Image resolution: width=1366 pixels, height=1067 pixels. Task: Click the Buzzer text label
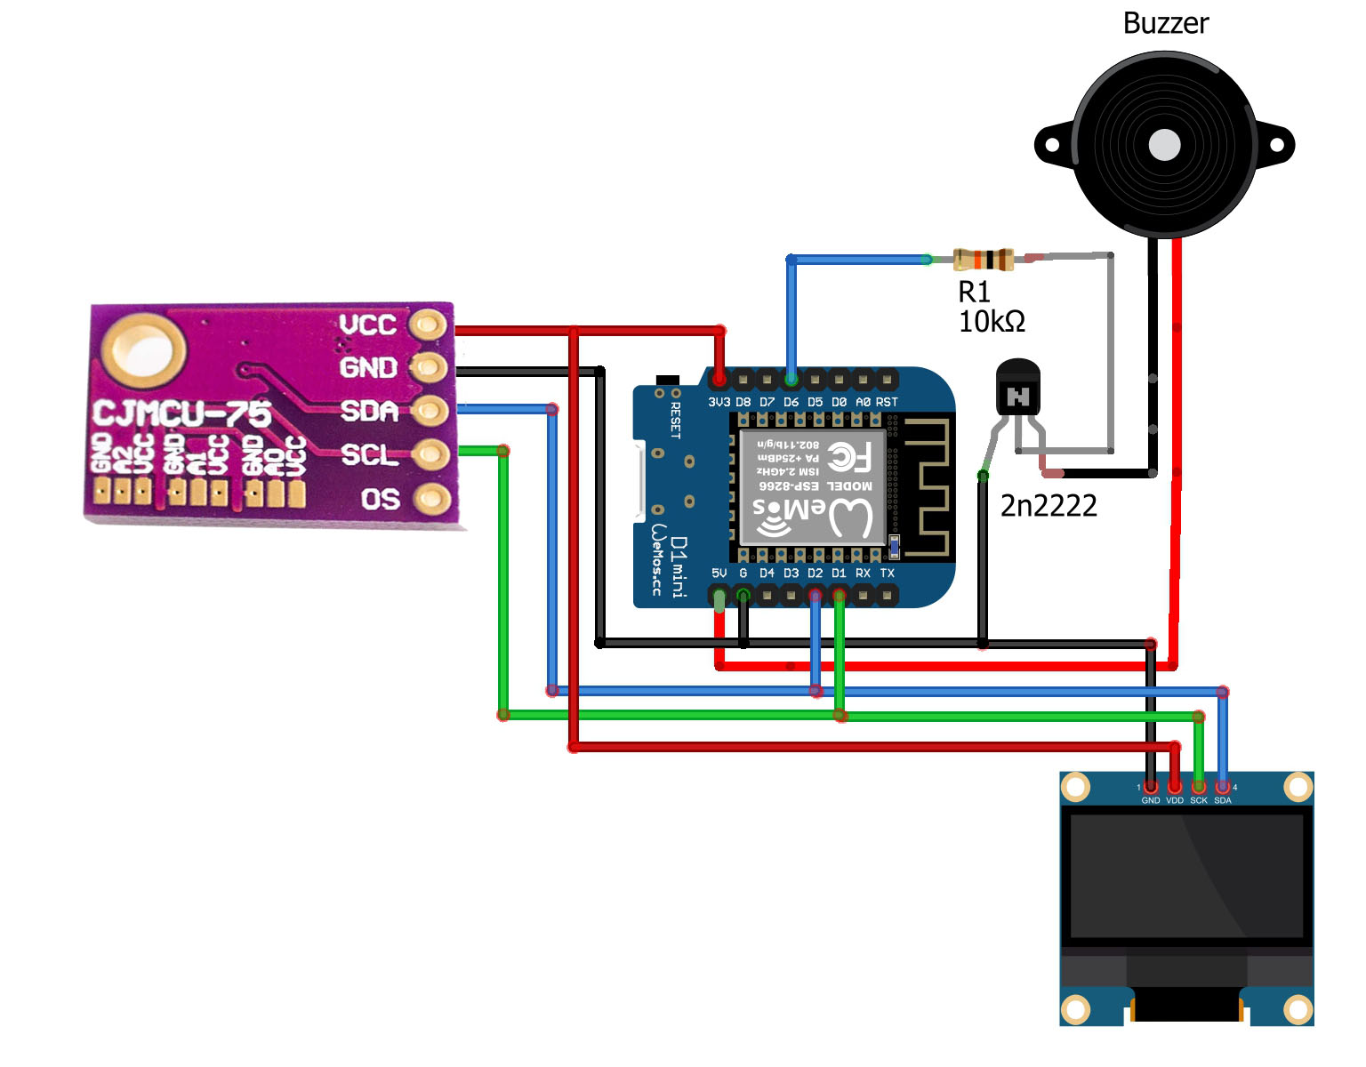(1165, 23)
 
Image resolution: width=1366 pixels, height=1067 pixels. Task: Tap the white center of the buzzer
(1164, 145)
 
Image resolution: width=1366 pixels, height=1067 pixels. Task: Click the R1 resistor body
(983, 260)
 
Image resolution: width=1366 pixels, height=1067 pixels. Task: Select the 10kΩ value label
(992, 321)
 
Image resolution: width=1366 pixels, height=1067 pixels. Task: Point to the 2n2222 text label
(1049, 506)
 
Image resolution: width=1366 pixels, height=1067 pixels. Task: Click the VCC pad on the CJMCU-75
(430, 325)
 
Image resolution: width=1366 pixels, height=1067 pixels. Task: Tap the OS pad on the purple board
(430, 499)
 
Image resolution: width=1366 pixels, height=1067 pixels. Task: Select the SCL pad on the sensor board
(430, 454)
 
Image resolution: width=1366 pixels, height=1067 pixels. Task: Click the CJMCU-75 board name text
(182, 413)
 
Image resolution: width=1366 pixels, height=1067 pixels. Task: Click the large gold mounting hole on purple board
(143, 349)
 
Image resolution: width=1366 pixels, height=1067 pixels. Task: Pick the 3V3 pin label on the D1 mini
(719, 402)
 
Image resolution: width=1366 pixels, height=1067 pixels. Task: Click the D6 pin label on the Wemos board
(791, 402)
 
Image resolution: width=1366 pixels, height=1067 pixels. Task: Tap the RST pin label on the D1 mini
(887, 402)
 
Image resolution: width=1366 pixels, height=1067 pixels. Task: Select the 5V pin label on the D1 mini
(719, 574)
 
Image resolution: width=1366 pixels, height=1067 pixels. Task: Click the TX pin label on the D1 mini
(887, 574)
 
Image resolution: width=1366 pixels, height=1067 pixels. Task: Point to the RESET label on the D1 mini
(675, 421)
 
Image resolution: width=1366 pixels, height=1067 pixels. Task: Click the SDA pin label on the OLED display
(1223, 800)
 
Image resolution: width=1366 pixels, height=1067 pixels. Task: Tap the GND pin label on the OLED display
(1150, 800)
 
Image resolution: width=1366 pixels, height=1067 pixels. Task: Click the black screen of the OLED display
(1185, 876)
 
